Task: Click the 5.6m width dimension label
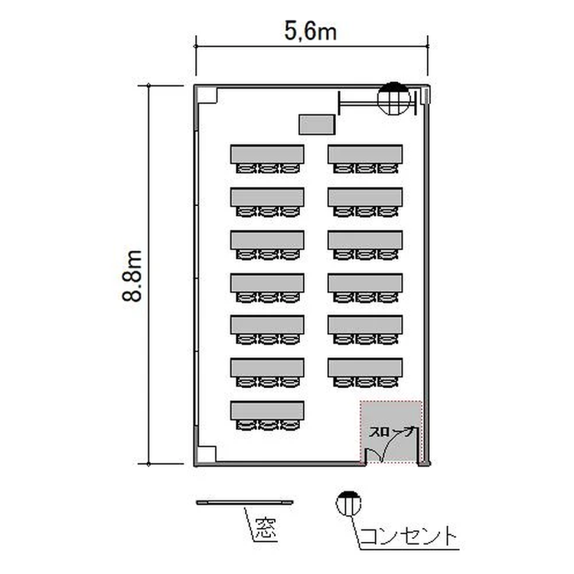pos(311,31)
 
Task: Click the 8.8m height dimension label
pos(132,276)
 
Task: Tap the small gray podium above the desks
pos(317,125)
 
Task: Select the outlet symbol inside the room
pos(394,98)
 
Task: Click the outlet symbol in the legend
pos(348,504)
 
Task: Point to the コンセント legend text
pos(409,536)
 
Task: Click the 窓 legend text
pos(266,528)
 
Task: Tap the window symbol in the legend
pos(245,503)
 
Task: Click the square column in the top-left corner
pos(207,95)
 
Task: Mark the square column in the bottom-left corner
pos(207,455)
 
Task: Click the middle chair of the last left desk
pos(268,425)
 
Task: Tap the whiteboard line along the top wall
pos(377,103)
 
